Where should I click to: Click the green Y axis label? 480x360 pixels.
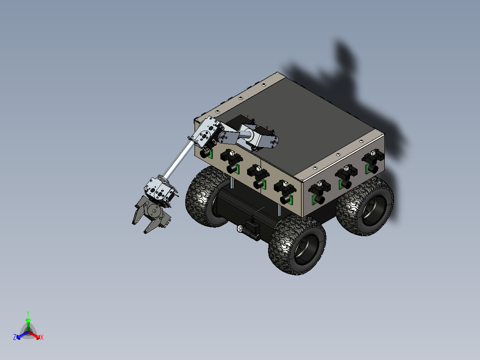pyautogui.click(x=28, y=313)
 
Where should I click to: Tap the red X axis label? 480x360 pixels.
pyautogui.click(x=42, y=338)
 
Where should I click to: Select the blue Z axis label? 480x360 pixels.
pyautogui.click(x=15, y=337)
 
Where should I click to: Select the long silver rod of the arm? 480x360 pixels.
pyautogui.click(x=180, y=160)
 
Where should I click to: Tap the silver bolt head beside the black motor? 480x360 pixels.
pyautogui.click(x=241, y=229)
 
